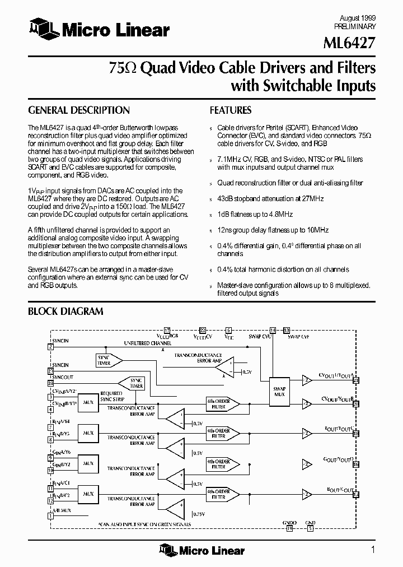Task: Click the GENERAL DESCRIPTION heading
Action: [79, 110]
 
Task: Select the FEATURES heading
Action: [231, 110]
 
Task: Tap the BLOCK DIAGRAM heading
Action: [65, 312]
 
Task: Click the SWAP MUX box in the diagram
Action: [279, 391]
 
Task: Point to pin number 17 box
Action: [166, 330]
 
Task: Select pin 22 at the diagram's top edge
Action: [203, 330]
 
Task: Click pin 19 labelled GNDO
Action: [289, 528]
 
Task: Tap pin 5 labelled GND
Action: [310, 528]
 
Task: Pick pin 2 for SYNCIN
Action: [50, 347]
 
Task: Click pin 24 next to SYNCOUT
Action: [50, 383]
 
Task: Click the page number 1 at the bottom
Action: [373, 550]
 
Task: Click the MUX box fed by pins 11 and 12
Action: [88, 494]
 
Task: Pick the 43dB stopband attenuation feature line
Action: [270, 198]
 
